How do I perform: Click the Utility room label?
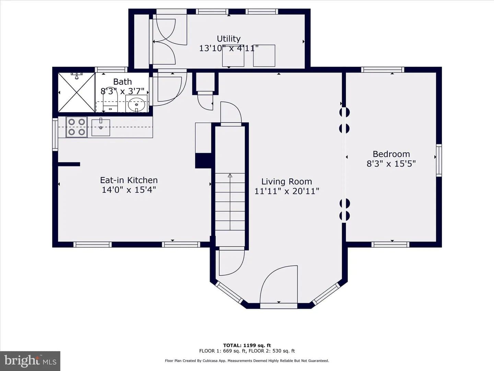point(229,39)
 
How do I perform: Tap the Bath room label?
point(122,81)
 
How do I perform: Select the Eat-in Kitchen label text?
point(129,180)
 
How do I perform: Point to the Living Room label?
point(286,182)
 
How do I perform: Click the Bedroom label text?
point(391,154)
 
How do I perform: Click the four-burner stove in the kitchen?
point(77,127)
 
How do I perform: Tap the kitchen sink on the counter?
point(101,127)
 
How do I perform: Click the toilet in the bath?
point(110,100)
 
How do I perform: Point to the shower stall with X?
point(77,92)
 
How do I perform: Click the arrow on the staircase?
point(230,202)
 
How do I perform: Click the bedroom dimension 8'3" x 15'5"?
point(391,164)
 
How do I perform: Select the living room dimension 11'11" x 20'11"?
point(287,191)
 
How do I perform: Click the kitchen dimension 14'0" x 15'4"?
point(129,190)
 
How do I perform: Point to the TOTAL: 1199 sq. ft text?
point(247,345)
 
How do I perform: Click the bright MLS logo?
point(30,361)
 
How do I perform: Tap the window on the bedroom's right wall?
point(439,160)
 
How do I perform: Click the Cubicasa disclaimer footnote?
point(247,361)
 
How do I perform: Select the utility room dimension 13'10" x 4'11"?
point(229,48)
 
